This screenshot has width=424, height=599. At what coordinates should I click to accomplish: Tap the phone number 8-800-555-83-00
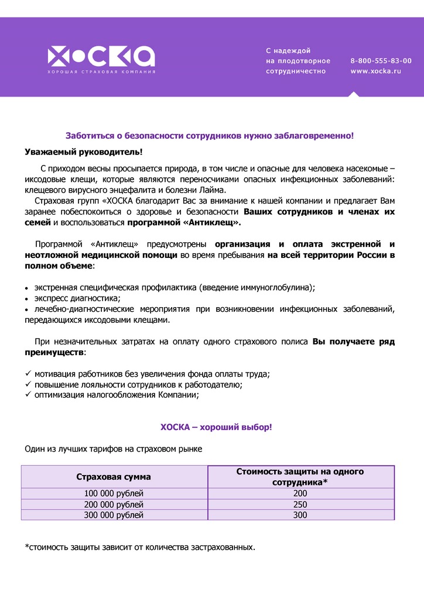coord(381,61)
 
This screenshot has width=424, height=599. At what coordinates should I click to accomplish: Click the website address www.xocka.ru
coord(375,71)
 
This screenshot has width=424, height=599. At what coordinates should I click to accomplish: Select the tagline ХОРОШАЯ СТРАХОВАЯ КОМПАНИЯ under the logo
coord(101,71)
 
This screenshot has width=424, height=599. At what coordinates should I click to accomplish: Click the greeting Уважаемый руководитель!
coord(84,152)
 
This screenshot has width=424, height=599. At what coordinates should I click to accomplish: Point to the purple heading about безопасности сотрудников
coord(210,136)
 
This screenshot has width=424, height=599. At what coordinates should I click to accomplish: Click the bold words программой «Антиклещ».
coord(184,223)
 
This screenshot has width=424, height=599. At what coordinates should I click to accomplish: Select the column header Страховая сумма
coord(114,477)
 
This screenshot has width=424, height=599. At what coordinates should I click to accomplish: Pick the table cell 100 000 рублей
coord(114,494)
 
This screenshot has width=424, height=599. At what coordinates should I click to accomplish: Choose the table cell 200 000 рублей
coord(114,504)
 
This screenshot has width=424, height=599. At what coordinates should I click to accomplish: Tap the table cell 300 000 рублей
coord(114,515)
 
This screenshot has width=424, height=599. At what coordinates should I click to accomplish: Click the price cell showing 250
coord(300,504)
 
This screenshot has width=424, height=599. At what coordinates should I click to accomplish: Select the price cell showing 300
coord(300,515)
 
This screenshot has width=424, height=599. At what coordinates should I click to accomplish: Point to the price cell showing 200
coord(300,494)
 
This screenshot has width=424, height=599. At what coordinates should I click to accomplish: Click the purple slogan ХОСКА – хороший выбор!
coord(217,428)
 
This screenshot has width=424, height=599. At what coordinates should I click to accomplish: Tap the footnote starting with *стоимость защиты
coord(140,548)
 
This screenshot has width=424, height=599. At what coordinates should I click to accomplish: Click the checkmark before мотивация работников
coord(28,374)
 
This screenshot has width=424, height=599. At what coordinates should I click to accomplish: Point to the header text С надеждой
coord(288,50)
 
